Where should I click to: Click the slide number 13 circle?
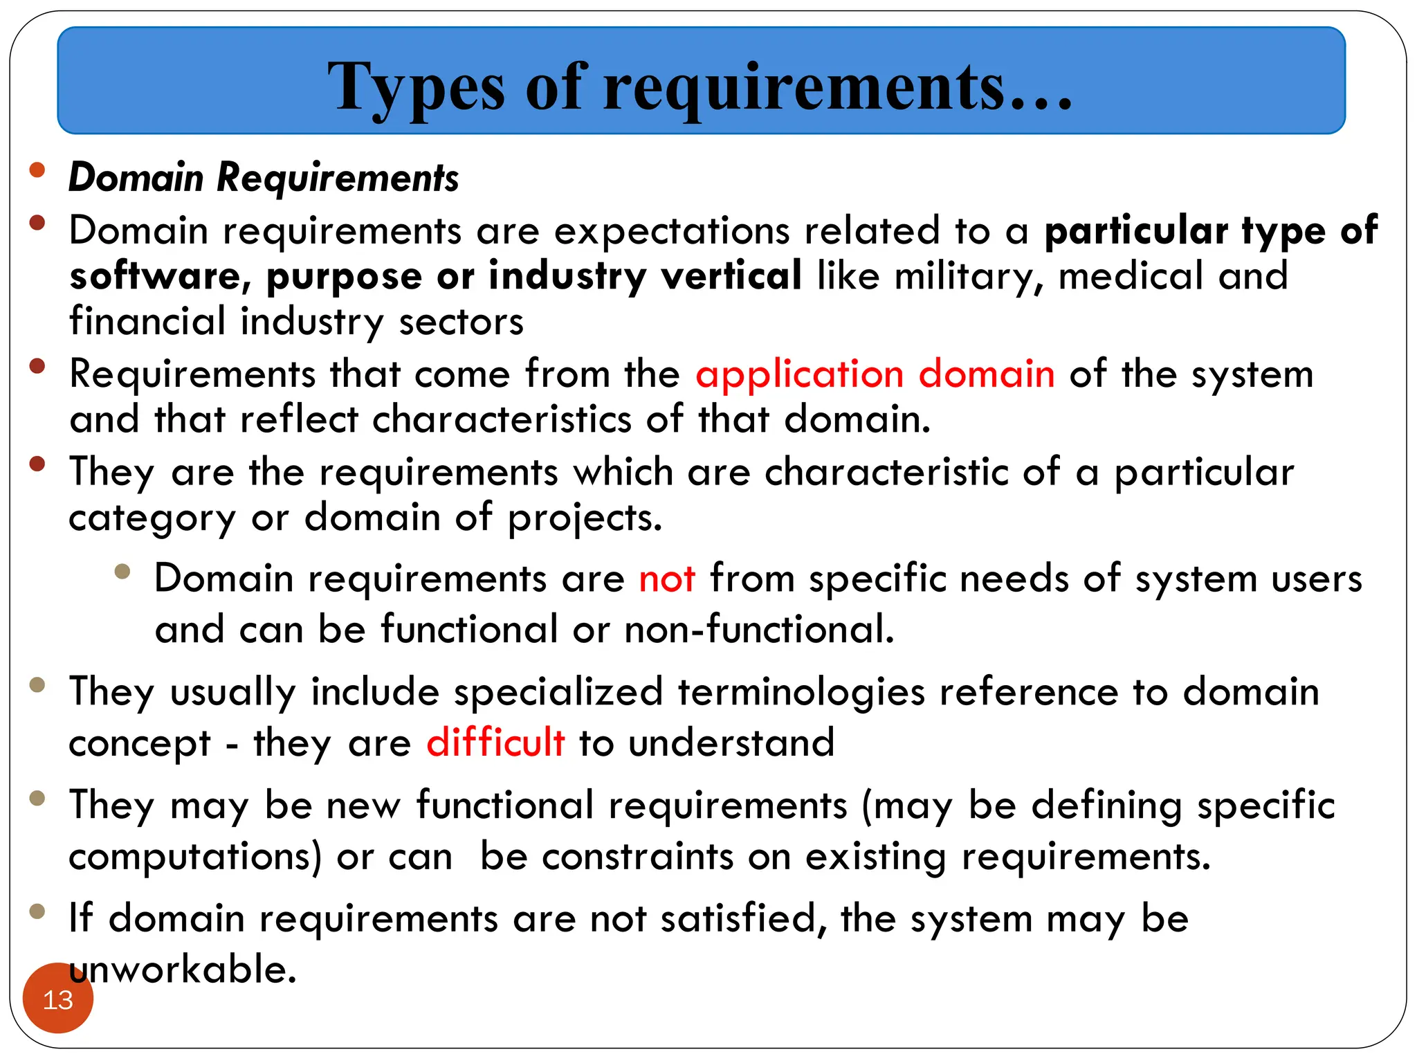[x=58, y=999]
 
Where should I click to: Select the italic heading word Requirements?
[x=338, y=178]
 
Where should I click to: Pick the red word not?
[x=666, y=579]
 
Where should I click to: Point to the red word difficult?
[x=495, y=743]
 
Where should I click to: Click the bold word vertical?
[x=731, y=275]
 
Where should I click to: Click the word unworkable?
[x=183, y=969]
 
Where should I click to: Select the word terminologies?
[x=801, y=693]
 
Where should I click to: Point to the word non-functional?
[x=759, y=629]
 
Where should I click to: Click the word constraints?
[x=637, y=857]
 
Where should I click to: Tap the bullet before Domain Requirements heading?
[x=37, y=170]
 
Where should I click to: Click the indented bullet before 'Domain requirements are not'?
[x=122, y=571]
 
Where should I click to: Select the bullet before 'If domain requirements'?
[x=37, y=911]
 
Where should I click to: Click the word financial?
[x=147, y=322]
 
